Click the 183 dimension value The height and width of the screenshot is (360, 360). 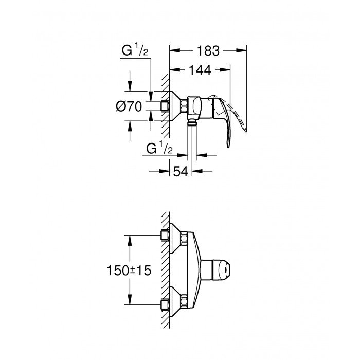tap(208, 51)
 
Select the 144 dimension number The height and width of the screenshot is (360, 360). tap(200, 71)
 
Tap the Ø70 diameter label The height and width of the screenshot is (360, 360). tap(129, 107)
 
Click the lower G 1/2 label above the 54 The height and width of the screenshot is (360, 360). tap(159, 149)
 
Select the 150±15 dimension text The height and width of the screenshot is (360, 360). tap(129, 271)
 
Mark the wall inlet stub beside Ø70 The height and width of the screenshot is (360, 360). tap(165, 106)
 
